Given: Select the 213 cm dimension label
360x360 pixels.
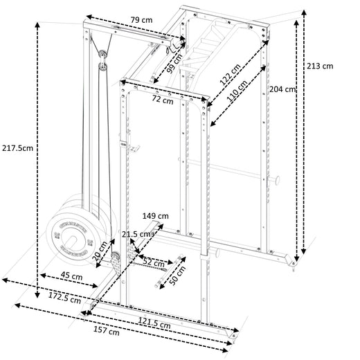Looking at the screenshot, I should click(x=321, y=66).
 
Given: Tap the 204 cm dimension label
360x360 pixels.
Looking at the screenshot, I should click(x=282, y=89).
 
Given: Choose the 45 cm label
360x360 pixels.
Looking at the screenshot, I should click(x=70, y=277).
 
